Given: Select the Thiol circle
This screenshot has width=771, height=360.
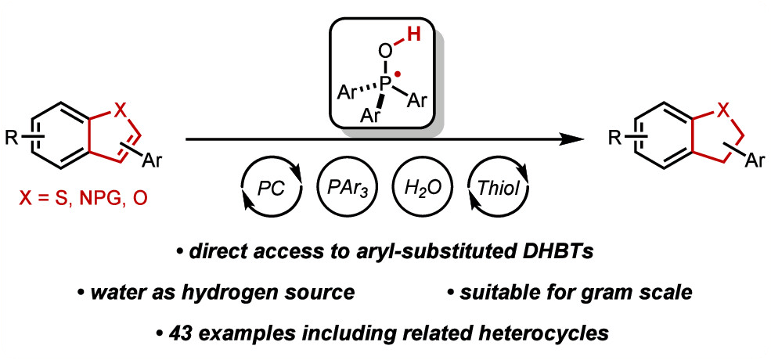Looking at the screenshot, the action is pyautogui.click(x=497, y=189).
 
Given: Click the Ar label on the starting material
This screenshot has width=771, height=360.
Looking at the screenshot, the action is pyautogui.click(x=151, y=161).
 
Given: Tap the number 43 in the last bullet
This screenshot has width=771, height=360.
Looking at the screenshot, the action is pyautogui.click(x=180, y=334).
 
